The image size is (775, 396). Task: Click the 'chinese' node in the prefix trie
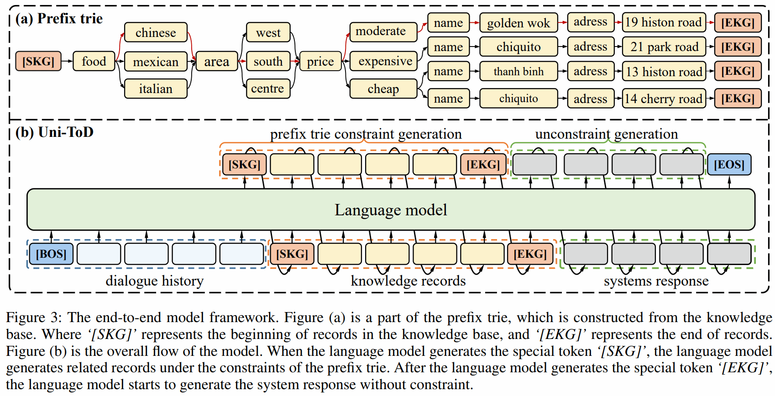point(156,32)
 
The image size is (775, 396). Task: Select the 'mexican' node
point(156,62)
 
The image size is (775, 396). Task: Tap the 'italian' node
point(156,89)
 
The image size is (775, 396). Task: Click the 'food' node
point(94,61)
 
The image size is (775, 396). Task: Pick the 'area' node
point(216,61)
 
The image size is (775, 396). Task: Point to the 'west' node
point(268,32)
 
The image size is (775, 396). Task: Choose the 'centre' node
point(267,89)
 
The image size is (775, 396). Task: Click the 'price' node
point(320,61)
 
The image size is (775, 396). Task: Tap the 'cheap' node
point(383,89)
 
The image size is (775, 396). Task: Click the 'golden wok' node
point(518,23)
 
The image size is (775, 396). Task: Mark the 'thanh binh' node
point(518,71)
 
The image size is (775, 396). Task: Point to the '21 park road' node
point(664,47)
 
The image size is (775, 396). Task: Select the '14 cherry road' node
point(664,99)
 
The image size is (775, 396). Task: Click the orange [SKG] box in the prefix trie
point(38,61)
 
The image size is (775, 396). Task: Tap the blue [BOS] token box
point(51,254)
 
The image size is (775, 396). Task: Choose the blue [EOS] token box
point(729,165)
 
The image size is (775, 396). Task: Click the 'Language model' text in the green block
point(391,210)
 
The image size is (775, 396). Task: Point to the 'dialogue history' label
point(154,281)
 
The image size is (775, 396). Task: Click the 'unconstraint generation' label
point(606,134)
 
